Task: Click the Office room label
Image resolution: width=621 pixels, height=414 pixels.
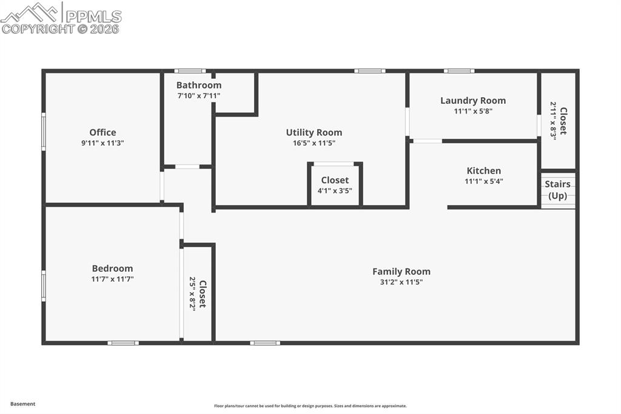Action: [x=102, y=132]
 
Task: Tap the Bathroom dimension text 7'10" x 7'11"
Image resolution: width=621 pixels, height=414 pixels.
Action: [x=199, y=95]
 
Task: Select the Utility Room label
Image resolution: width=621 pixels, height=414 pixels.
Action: [x=314, y=132]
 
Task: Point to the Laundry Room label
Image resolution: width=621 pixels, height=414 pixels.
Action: [x=473, y=101]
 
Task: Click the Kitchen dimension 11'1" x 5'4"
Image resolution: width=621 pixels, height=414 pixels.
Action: [x=484, y=181]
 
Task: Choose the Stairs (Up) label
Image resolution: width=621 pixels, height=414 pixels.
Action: [x=557, y=189]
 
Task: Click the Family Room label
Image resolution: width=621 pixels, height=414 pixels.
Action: [x=401, y=271]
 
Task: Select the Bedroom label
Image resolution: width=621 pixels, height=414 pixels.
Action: [x=112, y=268]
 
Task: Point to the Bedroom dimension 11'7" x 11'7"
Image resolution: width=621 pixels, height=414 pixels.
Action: [x=112, y=279]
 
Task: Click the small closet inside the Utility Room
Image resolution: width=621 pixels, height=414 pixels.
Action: [x=335, y=185]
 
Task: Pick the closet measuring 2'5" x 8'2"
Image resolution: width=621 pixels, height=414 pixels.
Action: [x=198, y=294]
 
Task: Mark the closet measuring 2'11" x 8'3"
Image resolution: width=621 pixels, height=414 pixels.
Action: [x=558, y=121]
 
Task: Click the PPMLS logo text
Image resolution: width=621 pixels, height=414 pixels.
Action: [x=92, y=16]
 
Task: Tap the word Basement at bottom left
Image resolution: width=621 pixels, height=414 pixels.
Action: [x=22, y=404]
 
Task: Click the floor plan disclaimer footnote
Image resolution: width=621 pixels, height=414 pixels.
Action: [x=310, y=406]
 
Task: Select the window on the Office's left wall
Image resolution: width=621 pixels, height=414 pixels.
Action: [x=43, y=131]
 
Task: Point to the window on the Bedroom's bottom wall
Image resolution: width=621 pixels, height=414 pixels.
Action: [x=123, y=343]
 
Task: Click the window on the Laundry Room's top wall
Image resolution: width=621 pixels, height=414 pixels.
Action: [x=459, y=71]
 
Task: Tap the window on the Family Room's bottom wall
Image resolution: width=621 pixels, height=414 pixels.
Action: [x=265, y=343]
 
